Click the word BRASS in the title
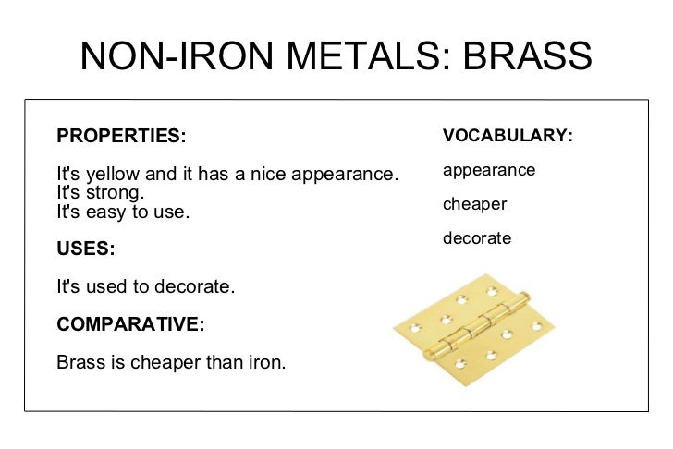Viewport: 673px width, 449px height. point(528,56)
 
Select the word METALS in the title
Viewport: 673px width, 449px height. point(354,56)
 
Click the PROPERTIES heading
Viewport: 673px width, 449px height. point(121,136)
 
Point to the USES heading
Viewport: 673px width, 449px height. point(85,249)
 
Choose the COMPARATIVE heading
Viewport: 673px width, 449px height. point(130,324)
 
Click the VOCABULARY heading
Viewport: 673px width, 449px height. point(508,136)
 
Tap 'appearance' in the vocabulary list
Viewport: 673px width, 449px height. point(489,171)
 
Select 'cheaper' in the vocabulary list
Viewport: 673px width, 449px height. point(474,204)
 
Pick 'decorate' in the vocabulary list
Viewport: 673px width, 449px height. point(477,238)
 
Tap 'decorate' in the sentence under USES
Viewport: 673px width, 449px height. point(194,286)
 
